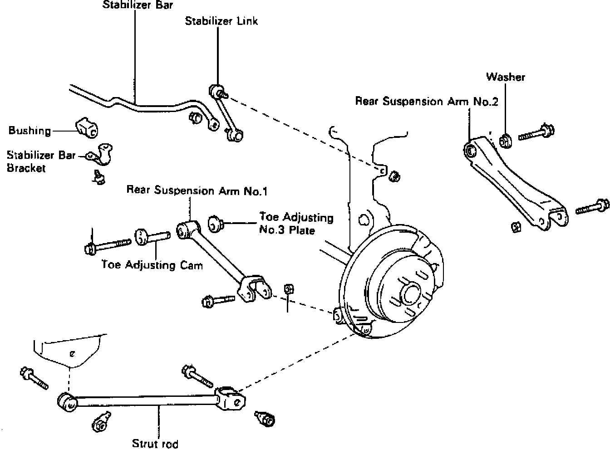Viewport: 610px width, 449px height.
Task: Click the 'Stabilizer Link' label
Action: tap(221, 21)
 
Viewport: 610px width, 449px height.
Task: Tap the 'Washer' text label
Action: tap(505, 77)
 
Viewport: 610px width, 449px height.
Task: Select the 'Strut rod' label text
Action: tap(155, 443)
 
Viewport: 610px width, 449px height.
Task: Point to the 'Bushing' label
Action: tap(30, 131)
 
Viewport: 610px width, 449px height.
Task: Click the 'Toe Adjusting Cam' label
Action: tap(152, 264)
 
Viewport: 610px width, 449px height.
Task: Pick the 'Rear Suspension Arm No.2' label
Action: tap(426, 101)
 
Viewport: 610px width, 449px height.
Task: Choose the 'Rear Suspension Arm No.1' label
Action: tap(197, 191)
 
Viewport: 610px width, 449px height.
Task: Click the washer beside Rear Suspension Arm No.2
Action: tap(504, 141)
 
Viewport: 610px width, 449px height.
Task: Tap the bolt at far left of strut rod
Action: tap(33, 377)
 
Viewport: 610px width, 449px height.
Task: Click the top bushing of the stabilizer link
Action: tap(217, 90)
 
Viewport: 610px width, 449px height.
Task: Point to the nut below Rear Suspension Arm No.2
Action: tap(516, 225)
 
